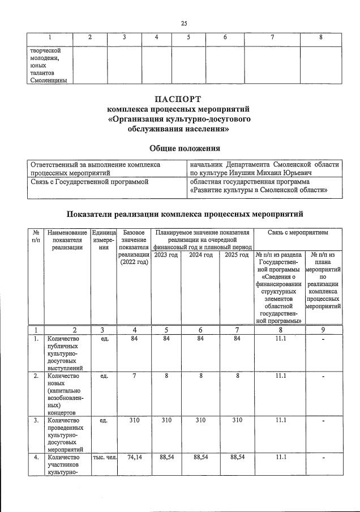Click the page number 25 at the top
[x=183, y=23]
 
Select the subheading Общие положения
[x=184, y=148]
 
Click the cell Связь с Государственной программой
[x=89, y=182]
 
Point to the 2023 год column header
[x=165, y=255]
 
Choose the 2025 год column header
[x=237, y=255]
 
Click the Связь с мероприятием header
[x=297, y=232]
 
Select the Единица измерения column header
[x=104, y=240]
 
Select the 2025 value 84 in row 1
[x=237, y=339]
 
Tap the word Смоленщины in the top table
[x=48, y=80]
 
